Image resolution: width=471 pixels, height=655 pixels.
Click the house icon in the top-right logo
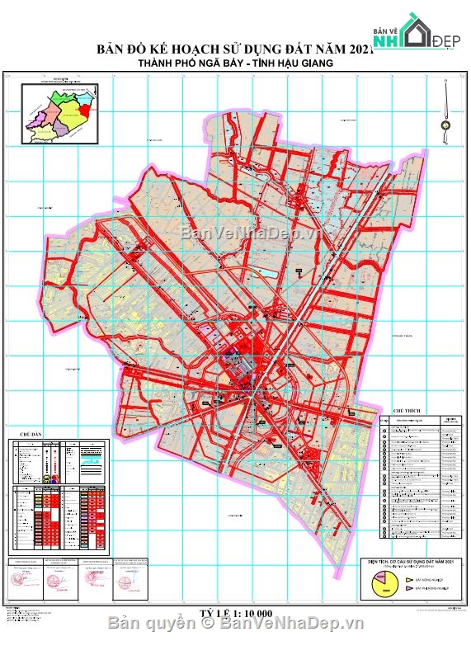pos(413,28)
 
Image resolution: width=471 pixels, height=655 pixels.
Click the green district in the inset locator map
pos(60,105)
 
